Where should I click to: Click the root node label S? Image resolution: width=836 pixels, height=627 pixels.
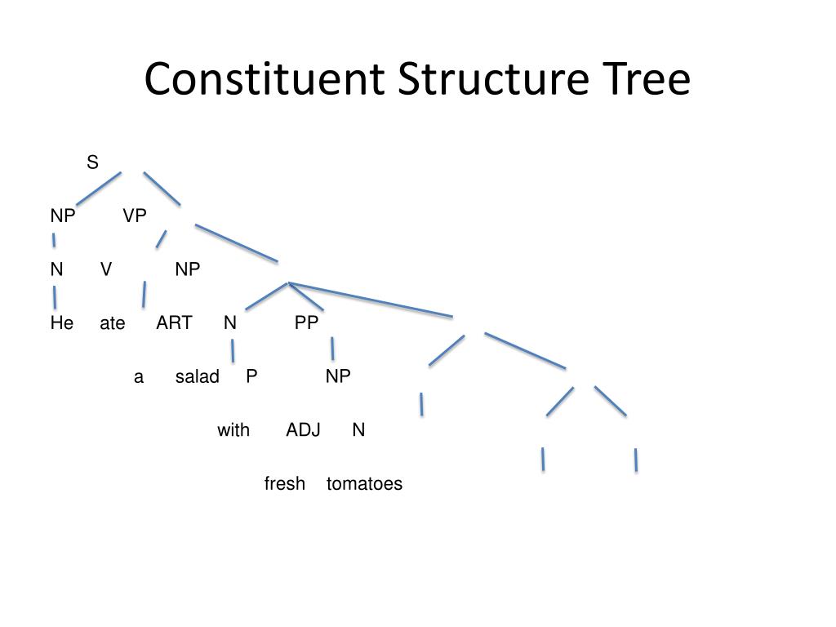(92, 163)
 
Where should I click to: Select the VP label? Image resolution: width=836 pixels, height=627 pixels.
(135, 216)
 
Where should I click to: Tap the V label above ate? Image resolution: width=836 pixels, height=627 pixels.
(106, 269)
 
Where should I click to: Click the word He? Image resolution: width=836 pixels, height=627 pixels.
(62, 323)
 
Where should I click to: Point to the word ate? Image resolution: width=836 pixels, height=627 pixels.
(113, 324)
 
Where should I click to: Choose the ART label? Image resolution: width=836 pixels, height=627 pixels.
(174, 323)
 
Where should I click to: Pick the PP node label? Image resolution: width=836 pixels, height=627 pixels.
(306, 323)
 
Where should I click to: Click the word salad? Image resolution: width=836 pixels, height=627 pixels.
(198, 377)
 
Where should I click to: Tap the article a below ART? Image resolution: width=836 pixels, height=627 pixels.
(139, 377)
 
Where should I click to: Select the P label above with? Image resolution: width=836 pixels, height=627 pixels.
(251, 376)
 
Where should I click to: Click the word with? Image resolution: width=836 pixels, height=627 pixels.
(233, 430)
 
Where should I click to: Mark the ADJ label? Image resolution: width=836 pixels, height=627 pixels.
(303, 430)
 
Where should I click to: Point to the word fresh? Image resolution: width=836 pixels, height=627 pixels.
(285, 484)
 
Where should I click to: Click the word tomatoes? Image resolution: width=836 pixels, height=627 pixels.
(364, 484)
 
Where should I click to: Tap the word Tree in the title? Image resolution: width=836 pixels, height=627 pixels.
(646, 80)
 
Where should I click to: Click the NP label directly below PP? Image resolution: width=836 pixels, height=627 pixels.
(338, 376)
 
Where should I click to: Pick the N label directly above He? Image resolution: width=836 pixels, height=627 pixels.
(56, 269)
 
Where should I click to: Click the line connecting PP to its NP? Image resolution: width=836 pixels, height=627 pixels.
(332, 349)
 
